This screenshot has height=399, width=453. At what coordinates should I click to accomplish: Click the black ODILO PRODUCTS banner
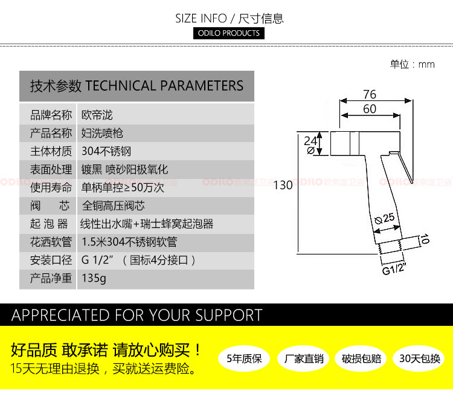(229, 33)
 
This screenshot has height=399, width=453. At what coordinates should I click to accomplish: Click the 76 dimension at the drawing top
(370, 94)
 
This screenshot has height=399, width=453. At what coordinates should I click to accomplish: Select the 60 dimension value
(370, 109)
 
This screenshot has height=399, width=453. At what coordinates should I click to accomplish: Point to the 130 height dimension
(283, 185)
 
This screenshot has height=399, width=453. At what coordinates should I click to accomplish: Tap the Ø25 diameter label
(384, 217)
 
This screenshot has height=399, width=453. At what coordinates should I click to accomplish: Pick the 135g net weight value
(94, 279)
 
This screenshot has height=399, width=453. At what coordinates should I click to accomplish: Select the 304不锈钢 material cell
(106, 151)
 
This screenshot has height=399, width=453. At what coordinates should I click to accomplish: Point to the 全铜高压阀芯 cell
(114, 206)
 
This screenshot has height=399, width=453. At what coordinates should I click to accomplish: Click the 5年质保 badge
(244, 359)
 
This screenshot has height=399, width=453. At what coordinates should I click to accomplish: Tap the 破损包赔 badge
(361, 359)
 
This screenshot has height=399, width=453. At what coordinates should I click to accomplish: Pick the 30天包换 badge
(419, 359)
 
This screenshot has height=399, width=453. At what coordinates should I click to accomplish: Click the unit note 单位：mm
(412, 65)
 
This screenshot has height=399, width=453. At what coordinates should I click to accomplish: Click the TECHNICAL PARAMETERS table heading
(137, 86)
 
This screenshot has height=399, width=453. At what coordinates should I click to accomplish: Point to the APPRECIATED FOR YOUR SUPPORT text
(137, 315)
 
